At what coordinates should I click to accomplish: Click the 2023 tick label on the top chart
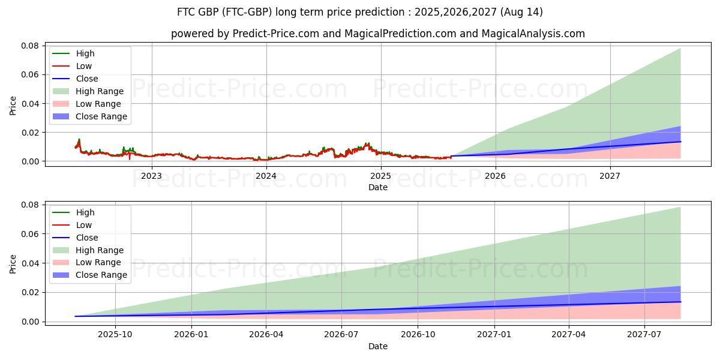pyautogui.click(x=151, y=176)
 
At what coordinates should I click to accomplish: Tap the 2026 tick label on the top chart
pyautogui.click(x=495, y=176)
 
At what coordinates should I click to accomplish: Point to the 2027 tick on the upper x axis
pyautogui.click(x=610, y=176)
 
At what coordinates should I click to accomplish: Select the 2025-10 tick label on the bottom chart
pyautogui.click(x=115, y=335)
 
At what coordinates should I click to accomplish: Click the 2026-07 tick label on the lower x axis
pyautogui.click(x=341, y=335)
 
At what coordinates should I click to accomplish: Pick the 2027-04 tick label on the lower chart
pyautogui.click(x=568, y=335)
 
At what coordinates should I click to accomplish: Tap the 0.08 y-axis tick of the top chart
pyautogui.click(x=30, y=46)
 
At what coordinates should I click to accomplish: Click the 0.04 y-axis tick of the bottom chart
pyautogui.click(x=30, y=263)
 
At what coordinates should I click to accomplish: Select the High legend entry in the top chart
pyautogui.click(x=85, y=54)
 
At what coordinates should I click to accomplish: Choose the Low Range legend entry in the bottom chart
pyautogui.click(x=99, y=263)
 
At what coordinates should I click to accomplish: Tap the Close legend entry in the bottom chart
pyautogui.click(x=86, y=238)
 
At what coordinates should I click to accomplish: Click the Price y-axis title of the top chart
pyautogui.click(x=13, y=106)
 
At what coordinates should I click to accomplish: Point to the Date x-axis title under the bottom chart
pyautogui.click(x=378, y=346)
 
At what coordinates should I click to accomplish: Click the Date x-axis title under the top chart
pyautogui.click(x=378, y=187)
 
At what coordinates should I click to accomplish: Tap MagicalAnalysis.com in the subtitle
pyautogui.click(x=538, y=34)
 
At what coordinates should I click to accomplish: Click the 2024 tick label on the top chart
pyautogui.click(x=266, y=176)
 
